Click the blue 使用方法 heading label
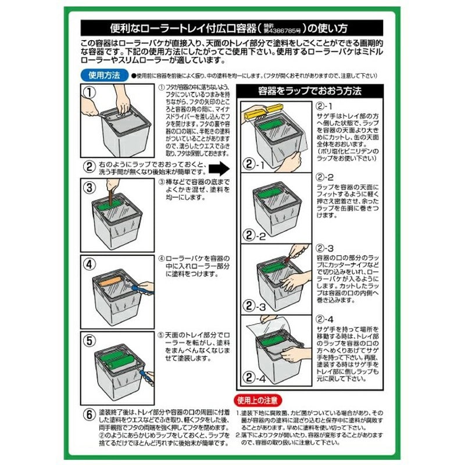point(103,76)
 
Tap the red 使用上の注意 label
point(259,400)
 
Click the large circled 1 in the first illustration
point(89,91)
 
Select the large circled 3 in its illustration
point(89,188)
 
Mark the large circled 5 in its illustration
point(89,340)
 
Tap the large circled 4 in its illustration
point(89,263)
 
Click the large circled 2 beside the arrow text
point(89,167)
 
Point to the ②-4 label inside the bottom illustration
point(254,380)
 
